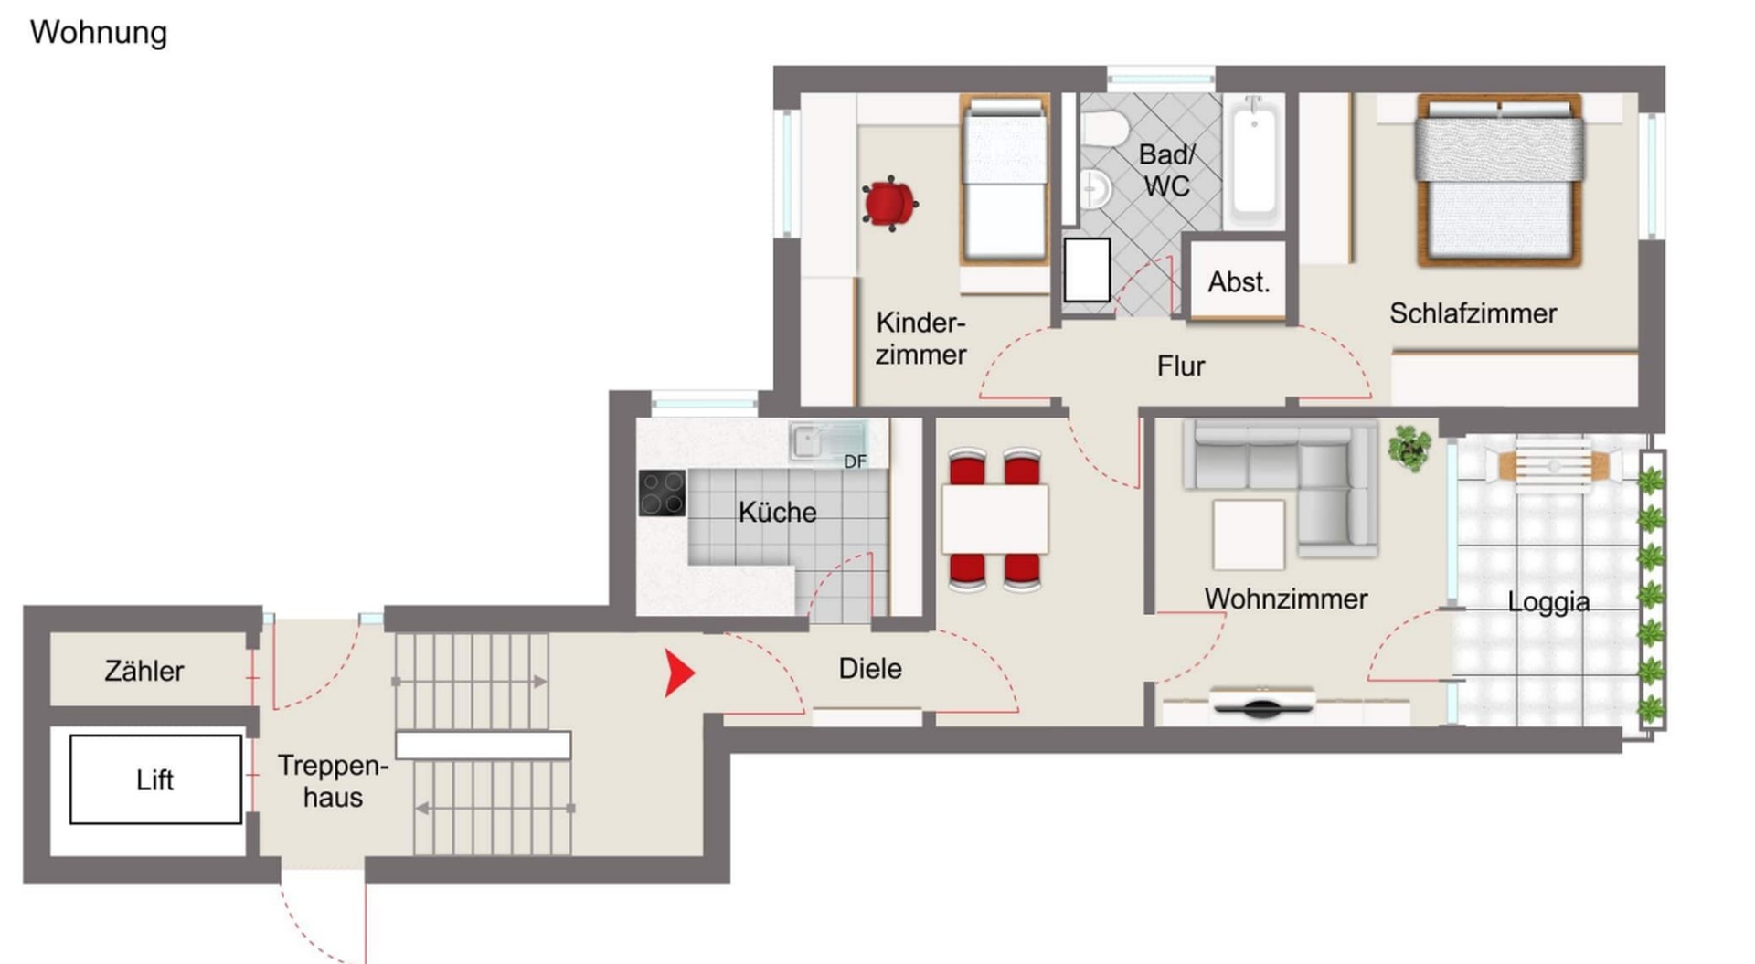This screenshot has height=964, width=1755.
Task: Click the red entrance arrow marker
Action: click(x=677, y=673)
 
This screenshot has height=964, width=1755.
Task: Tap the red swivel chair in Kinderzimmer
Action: click(x=889, y=203)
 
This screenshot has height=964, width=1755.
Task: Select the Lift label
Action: click(x=154, y=780)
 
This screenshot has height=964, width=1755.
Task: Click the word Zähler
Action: click(x=144, y=671)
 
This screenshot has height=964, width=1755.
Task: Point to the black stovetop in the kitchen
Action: click(x=662, y=493)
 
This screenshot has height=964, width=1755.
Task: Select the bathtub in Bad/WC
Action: click(x=1253, y=161)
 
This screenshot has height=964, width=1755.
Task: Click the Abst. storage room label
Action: click(x=1239, y=282)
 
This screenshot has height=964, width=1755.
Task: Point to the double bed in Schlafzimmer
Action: click(x=1499, y=180)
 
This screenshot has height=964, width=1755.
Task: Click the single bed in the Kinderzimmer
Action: click(x=1004, y=179)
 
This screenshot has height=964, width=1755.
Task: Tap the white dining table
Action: click(x=994, y=519)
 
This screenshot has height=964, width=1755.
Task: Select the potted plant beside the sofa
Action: click(x=1409, y=448)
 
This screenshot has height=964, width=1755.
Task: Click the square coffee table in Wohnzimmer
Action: click(x=1249, y=535)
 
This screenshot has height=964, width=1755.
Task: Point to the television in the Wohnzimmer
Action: click(x=1262, y=704)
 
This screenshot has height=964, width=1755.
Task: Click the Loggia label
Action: click(x=1548, y=602)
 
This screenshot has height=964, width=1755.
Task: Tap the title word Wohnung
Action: click(x=99, y=33)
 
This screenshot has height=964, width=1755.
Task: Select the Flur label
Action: click(x=1181, y=366)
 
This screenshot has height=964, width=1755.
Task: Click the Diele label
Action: click(x=870, y=669)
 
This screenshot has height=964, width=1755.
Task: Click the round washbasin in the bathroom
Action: click(x=1094, y=190)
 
